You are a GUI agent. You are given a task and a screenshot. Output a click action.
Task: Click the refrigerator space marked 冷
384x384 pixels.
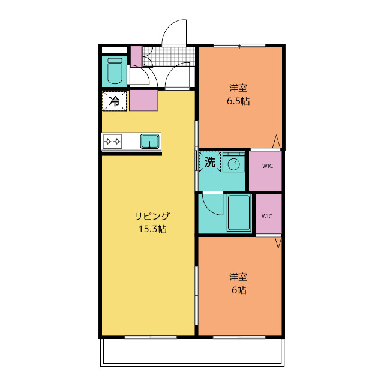114,101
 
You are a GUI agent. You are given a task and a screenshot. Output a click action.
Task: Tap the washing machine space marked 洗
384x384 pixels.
210,162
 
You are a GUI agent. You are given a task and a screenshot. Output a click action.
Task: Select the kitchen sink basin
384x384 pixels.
149,142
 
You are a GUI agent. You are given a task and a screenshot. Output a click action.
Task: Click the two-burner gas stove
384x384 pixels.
112,142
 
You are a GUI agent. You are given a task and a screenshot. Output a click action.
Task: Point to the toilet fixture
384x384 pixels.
115,71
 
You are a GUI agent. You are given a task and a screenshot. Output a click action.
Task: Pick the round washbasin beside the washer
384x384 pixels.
233,163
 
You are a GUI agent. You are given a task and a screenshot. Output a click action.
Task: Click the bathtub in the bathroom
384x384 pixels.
239,213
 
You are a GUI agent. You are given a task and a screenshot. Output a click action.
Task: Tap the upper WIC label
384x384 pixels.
268,166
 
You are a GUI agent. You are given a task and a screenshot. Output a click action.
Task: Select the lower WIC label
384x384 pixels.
266,217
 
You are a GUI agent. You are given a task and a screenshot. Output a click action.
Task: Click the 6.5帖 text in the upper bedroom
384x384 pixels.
238,101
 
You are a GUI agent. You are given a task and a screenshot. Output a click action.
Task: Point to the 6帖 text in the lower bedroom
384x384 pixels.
239,290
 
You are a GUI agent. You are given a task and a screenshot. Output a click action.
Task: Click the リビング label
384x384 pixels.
152,216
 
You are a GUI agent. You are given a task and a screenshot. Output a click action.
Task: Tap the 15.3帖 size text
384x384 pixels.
152,229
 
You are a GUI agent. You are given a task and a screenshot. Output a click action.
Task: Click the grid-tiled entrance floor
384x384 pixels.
169,56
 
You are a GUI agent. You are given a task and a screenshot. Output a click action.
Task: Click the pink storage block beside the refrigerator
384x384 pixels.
143,100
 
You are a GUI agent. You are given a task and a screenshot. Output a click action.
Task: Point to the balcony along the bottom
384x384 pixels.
193,352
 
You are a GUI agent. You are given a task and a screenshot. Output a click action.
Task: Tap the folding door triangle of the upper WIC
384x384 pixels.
276,142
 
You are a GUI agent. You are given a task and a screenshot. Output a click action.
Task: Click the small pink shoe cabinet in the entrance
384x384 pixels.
136,56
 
